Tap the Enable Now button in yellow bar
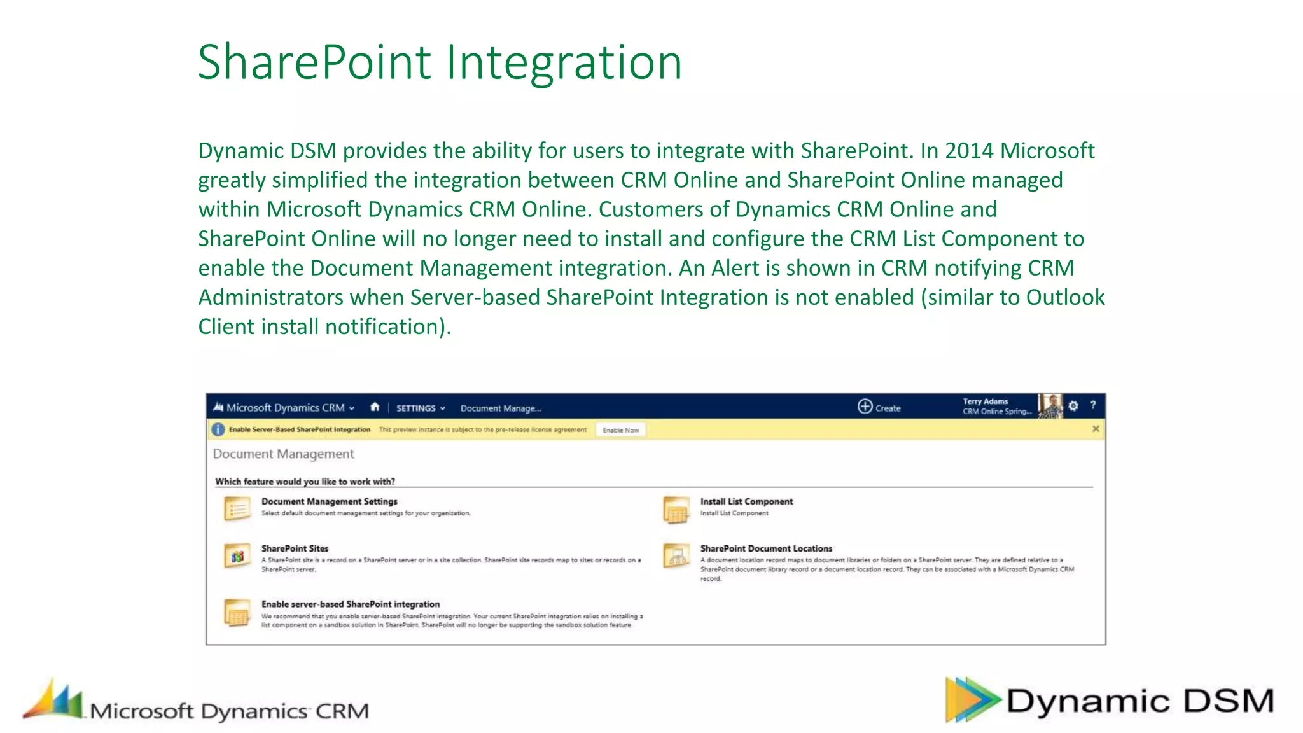pos(620,430)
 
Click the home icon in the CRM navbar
pos(375,407)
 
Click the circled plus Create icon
pos(865,407)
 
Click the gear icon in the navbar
pos(1073,406)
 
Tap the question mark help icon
pos(1093,405)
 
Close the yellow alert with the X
pos(1096,429)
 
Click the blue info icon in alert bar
pos(218,429)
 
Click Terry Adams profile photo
pos(1050,406)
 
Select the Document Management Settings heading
pos(329,501)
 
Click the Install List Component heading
pos(746,501)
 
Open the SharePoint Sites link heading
pos(295,548)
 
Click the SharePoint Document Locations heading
pos(766,548)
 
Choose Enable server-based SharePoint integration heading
pos(350,604)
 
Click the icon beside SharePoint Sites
pos(237,557)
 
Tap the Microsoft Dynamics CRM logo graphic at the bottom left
pos(54,700)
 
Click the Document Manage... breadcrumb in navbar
pos(501,408)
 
